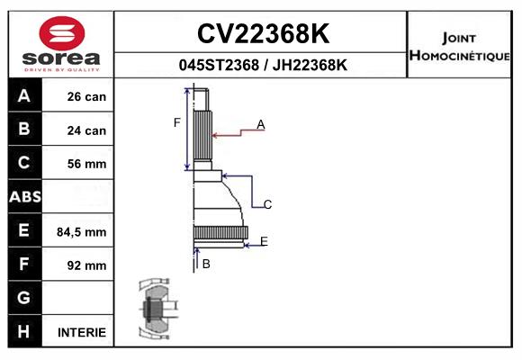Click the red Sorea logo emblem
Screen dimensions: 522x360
pos(62,33)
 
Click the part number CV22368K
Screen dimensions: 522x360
pos(263,33)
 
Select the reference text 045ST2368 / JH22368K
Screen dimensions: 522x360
pos(263,65)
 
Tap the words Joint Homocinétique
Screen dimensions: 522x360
pos(459,47)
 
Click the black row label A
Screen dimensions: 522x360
pos(24,95)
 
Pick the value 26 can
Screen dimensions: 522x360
pos(86,96)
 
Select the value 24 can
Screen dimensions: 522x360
pos(86,130)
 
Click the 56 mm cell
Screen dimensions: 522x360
pos(86,164)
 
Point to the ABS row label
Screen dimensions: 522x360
pos(25,197)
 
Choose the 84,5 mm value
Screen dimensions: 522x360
pos(82,232)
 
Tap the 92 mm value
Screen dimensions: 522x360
pos(86,265)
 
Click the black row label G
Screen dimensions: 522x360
pos(23,297)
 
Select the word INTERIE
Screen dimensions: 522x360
pos(82,332)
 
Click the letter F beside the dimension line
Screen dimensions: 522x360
pos(176,122)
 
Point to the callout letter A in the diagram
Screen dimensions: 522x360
pos(261,124)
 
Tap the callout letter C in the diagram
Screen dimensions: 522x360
pos(267,204)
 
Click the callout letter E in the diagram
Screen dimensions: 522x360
pos(264,241)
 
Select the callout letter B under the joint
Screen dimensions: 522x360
pos(206,264)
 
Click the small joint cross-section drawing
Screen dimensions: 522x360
pos(157,309)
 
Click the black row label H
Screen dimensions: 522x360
pos(23,331)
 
